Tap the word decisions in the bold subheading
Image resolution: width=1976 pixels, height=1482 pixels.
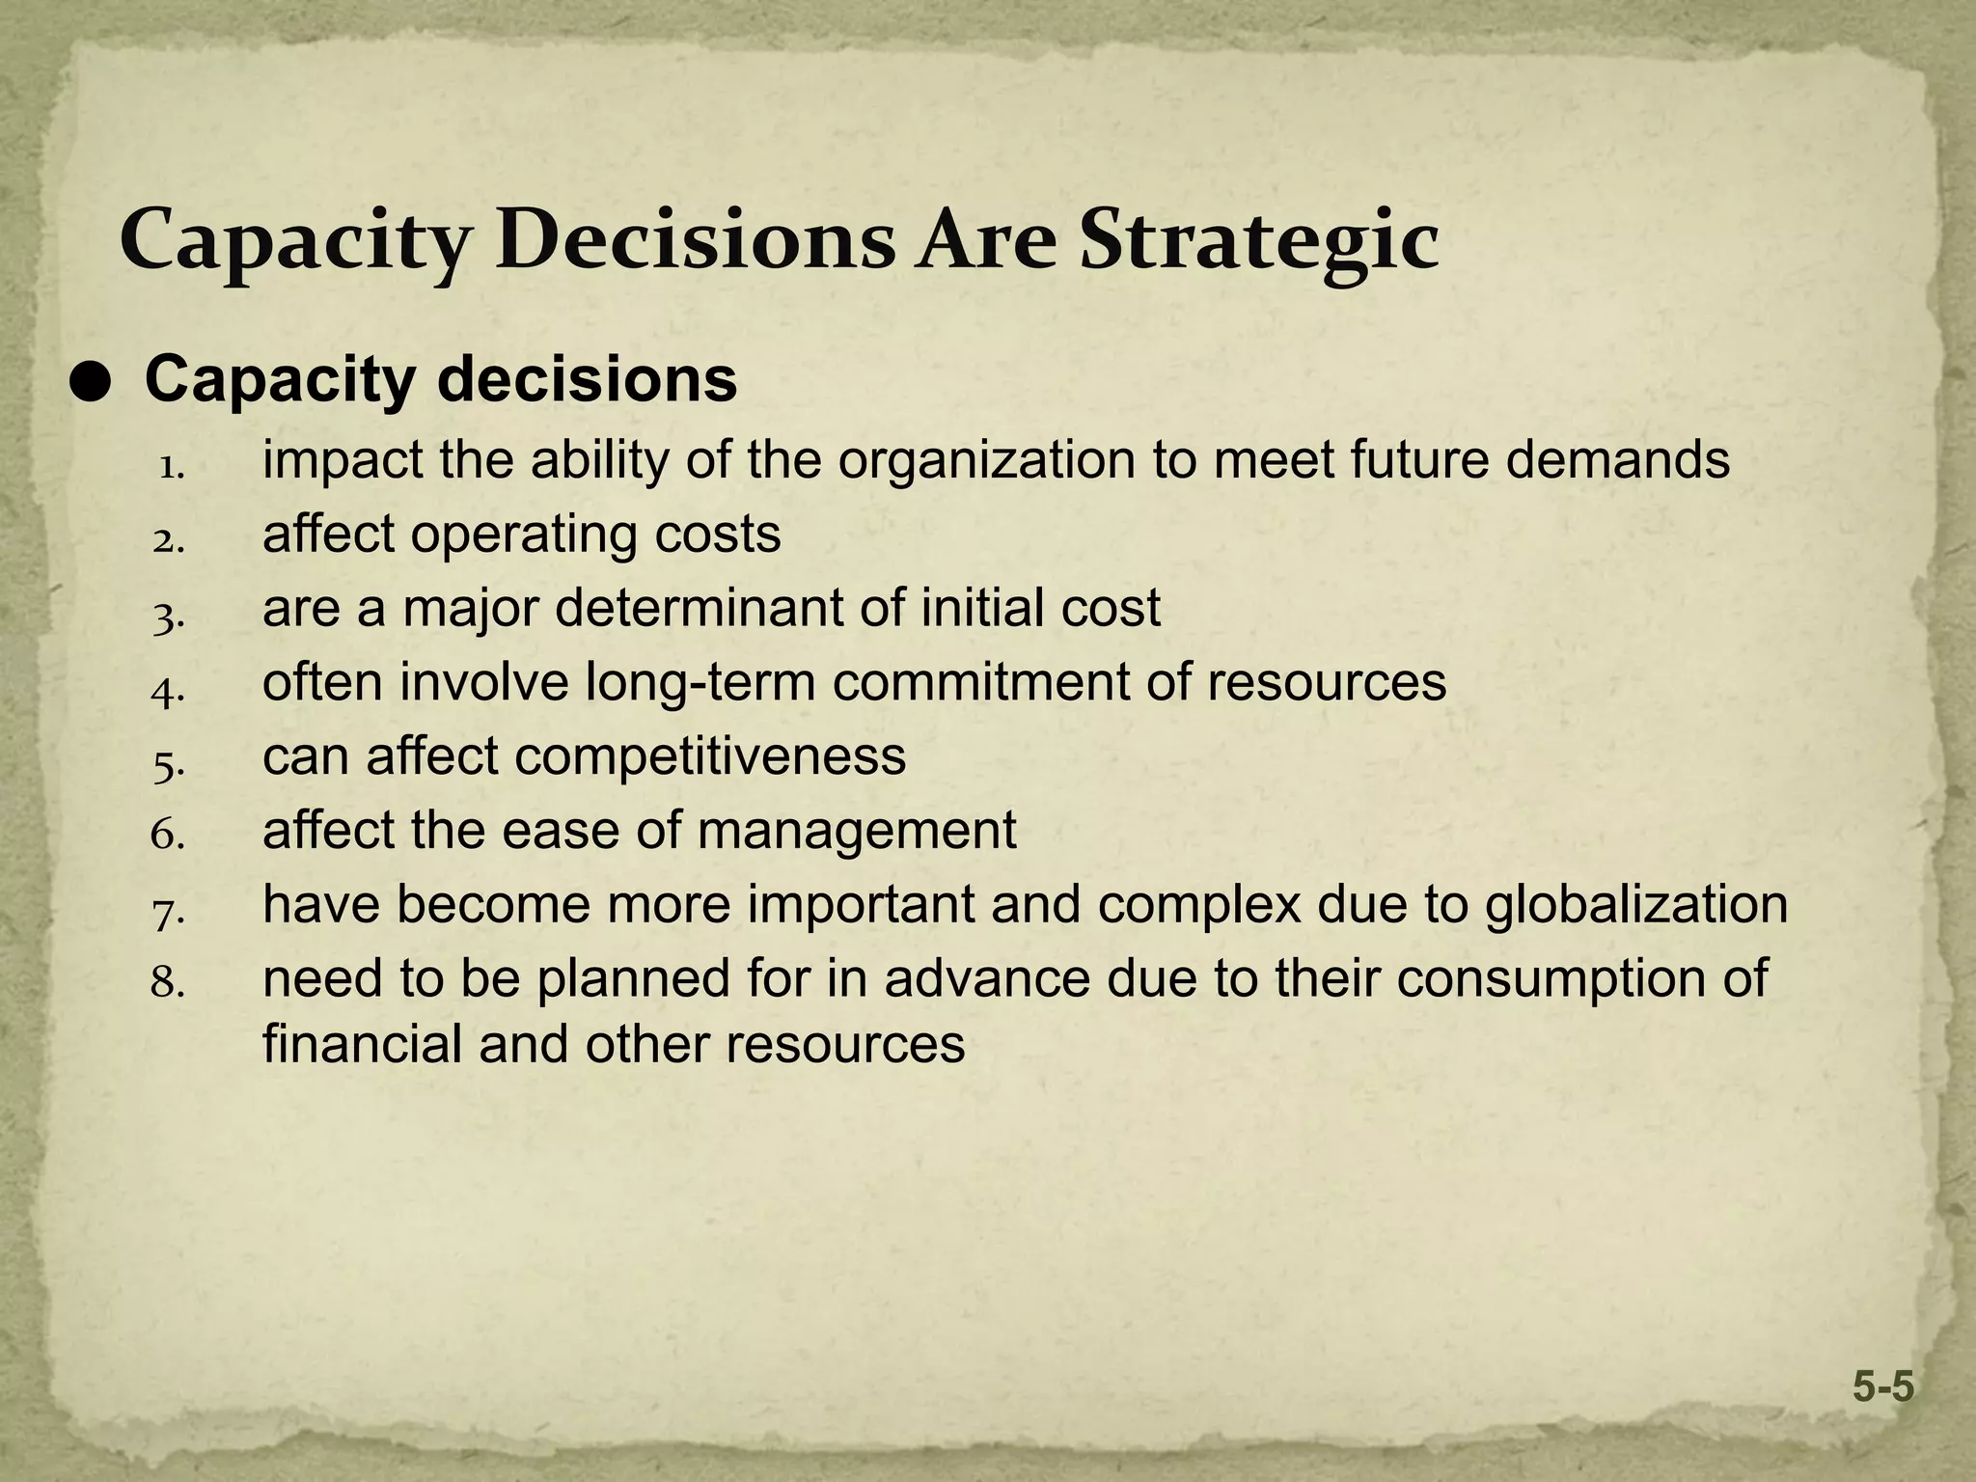588,381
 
